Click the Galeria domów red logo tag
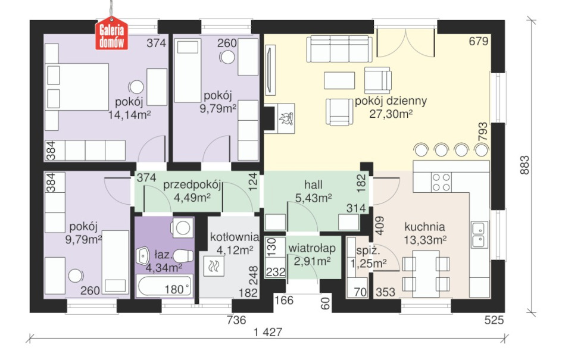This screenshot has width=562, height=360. [x=111, y=33]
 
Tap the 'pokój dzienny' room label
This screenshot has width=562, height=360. [x=391, y=101]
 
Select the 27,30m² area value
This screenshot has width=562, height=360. [x=391, y=114]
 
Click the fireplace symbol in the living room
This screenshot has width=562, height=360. [x=285, y=118]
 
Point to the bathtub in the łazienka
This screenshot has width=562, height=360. [x=165, y=286]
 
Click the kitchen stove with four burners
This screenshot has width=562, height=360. [x=441, y=182]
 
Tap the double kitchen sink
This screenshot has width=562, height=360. [x=479, y=234]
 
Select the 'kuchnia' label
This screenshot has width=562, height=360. [x=424, y=227]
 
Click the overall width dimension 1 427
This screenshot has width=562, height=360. [x=268, y=332]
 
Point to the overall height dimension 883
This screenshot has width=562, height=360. [x=524, y=165]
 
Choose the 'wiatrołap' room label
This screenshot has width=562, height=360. [x=312, y=248]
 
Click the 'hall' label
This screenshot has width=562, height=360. [x=313, y=185]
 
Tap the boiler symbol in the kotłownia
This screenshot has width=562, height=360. [x=214, y=266]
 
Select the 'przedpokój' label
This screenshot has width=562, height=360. [x=192, y=185]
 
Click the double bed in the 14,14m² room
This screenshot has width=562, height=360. [x=77, y=87]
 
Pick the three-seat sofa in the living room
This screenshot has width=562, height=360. [x=339, y=49]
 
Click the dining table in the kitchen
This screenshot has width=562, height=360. [x=426, y=274]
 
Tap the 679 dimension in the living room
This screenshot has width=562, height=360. [x=479, y=41]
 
